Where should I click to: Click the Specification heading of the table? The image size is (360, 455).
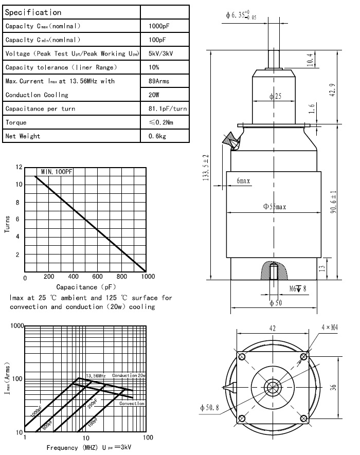click(x=33, y=12)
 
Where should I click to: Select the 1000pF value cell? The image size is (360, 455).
click(x=157, y=26)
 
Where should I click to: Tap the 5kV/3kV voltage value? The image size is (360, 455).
click(x=160, y=53)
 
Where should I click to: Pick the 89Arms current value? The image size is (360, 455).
click(x=158, y=81)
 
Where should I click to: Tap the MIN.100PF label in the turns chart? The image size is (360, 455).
click(x=56, y=172)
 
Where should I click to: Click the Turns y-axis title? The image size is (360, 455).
click(x=8, y=224)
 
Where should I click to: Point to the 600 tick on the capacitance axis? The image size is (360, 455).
click(x=98, y=277)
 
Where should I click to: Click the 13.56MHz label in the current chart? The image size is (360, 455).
click(x=97, y=375)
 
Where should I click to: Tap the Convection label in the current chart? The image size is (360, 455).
click(x=132, y=404)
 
